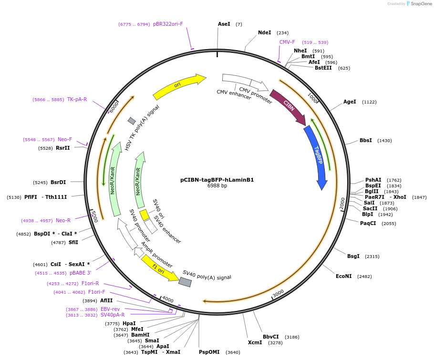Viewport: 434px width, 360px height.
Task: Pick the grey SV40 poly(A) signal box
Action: coord(185,282)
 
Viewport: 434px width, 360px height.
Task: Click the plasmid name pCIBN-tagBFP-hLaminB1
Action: coord(217,180)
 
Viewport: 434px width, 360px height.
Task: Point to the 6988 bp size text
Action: coord(217,186)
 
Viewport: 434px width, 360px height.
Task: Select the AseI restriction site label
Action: coord(224,24)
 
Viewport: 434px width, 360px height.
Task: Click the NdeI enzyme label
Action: coord(264,33)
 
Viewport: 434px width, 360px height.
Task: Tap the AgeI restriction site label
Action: coord(350,102)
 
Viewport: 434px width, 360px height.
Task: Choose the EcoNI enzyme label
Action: coord(343,277)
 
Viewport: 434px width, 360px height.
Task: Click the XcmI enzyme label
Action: coord(255,342)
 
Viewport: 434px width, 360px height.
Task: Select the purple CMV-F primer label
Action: coord(287,42)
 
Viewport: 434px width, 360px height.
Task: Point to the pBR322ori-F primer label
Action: coord(168,24)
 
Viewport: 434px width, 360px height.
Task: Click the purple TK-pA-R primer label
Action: coord(77,100)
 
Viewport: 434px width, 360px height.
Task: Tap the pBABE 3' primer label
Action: coord(80,273)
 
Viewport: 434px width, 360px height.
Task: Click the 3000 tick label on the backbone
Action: coord(278,292)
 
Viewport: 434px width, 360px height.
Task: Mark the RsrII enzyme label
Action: coord(63,148)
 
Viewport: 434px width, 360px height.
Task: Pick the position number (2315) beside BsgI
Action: coord(372,257)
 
